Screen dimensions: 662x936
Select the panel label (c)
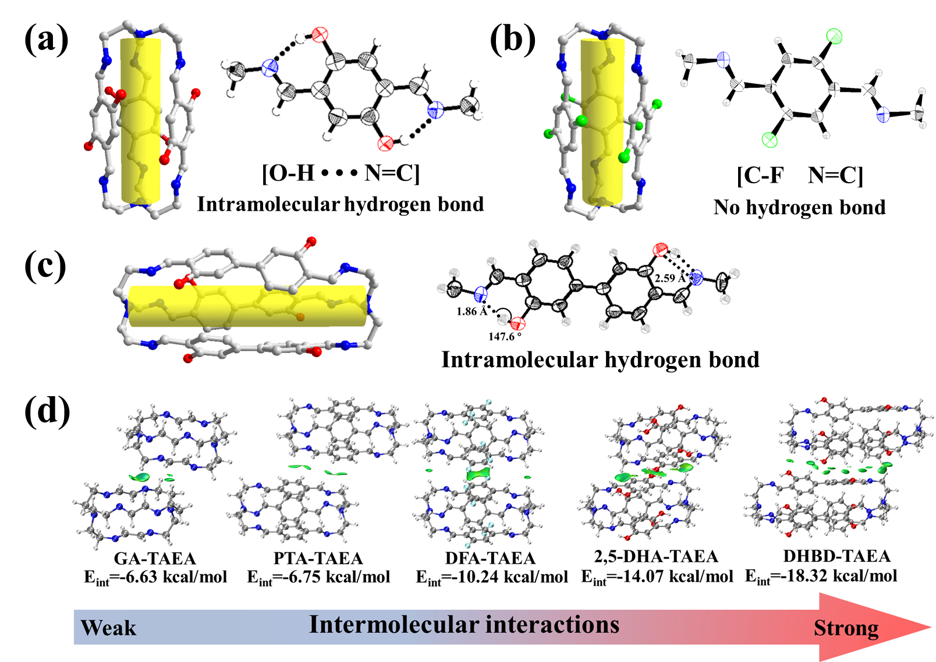[45, 266]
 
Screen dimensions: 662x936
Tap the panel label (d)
[47, 411]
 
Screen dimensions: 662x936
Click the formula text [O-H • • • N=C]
[341, 173]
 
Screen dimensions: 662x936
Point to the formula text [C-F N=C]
[800, 175]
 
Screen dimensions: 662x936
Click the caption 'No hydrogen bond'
[799, 207]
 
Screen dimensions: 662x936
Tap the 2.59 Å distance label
[670, 279]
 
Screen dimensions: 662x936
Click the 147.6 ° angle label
[505, 337]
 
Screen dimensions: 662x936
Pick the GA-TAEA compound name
[154, 558]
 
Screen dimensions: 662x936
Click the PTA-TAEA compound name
[318, 558]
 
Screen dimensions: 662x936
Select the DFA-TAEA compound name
[490, 558]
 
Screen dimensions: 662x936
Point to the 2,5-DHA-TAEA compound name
[656, 557]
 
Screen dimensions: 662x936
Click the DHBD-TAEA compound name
[836, 556]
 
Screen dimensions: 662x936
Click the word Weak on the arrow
[108, 628]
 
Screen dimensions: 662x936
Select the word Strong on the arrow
[846, 628]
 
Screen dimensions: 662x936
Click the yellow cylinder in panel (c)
[247, 306]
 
